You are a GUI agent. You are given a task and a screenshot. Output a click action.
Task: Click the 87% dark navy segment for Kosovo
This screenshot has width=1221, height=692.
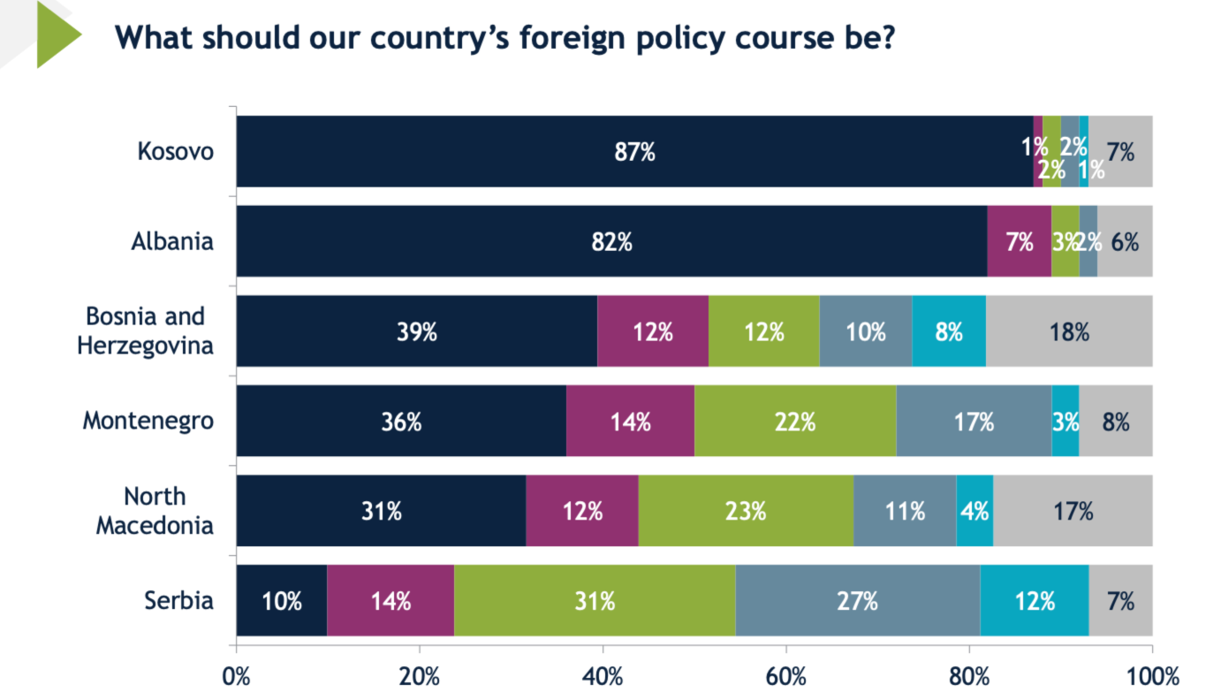[634, 151]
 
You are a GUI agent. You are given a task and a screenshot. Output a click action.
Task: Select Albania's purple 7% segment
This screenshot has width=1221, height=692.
[1019, 241]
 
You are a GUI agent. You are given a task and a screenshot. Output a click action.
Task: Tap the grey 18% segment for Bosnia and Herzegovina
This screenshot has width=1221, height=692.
[1069, 331]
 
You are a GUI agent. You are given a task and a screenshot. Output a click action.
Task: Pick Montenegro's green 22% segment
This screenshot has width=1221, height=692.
[795, 422]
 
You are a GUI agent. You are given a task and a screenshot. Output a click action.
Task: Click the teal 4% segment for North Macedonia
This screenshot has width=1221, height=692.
[975, 511]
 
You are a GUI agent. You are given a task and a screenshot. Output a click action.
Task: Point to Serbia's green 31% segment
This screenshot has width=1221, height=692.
[595, 601]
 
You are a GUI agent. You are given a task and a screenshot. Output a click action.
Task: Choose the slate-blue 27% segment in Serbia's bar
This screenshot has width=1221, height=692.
[857, 601]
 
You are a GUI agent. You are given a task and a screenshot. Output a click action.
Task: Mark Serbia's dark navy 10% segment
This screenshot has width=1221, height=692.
[282, 601]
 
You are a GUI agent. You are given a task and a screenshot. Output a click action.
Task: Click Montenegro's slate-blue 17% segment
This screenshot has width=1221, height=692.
[974, 422]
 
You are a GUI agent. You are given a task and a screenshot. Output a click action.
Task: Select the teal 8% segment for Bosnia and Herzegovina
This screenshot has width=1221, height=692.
[949, 331]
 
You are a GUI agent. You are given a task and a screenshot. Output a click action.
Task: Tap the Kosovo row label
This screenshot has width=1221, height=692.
[176, 151]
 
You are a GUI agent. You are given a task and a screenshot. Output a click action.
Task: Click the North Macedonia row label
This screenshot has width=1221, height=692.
[155, 511]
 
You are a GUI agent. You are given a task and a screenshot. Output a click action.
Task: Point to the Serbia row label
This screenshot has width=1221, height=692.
[179, 601]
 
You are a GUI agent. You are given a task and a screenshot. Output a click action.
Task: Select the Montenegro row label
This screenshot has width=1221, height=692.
[148, 421]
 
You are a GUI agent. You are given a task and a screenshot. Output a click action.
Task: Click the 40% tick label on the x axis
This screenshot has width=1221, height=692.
[603, 677]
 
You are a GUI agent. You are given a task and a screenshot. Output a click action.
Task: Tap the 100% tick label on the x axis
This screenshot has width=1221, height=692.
[1152, 677]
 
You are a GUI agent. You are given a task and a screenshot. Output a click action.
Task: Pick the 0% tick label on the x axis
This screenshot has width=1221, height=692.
[237, 677]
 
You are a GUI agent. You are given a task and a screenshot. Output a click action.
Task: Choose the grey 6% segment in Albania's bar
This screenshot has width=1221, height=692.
[1125, 241]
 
